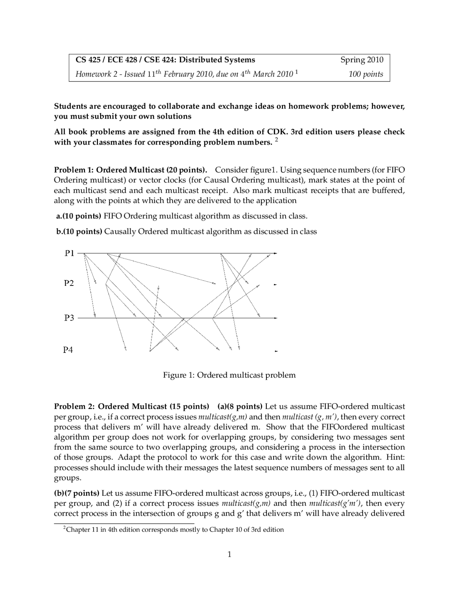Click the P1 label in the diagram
69,253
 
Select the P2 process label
69,283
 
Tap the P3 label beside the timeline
69,318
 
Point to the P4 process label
68,350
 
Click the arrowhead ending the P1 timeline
275,254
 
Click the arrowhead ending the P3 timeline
275,318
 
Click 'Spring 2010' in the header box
361,60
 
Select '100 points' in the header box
366,74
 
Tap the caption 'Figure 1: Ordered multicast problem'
229,375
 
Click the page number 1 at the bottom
229,555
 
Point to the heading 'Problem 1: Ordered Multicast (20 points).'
131,170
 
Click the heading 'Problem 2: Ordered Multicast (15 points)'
131,406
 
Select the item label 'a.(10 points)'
79,216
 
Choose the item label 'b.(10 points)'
79,231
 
